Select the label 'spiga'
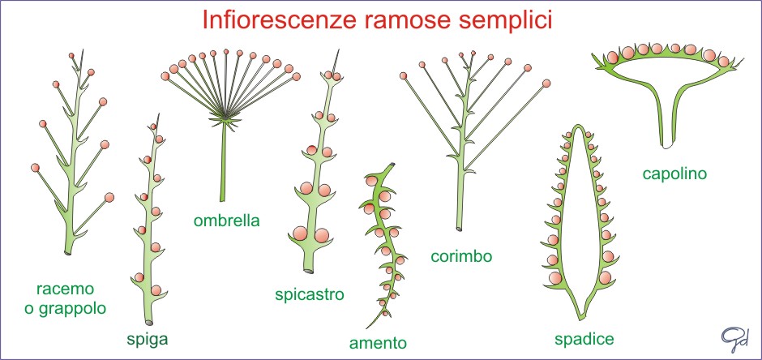tap(148, 339)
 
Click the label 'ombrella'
tap(226, 220)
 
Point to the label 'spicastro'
tap(310, 293)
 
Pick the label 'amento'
tap(378, 342)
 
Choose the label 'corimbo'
tap(461, 257)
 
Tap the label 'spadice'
tap(584, 338)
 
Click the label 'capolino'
tap(676, 174)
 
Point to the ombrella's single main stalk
tap(220, 170)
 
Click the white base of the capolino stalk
tap(666, 147)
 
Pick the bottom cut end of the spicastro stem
tap(308, 268)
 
